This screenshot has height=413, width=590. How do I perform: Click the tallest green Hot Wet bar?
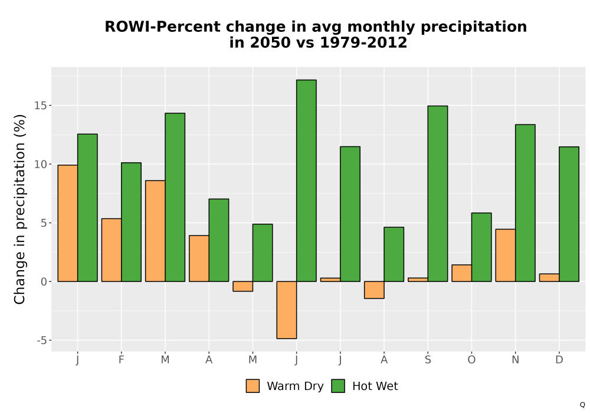[x=306, y=181]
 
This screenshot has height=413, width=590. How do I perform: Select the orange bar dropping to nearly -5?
[x=287, y=310]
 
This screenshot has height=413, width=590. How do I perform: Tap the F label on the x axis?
[x=121, y=360]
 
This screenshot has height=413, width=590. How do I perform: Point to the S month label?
[x=428, y=360]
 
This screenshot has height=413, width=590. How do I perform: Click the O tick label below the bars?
[x=471, y=360]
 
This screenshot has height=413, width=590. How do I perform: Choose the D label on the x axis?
[x=559, y=360]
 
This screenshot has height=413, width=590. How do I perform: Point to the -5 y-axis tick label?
[x=42, y=340]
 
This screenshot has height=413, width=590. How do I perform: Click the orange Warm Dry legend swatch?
[x=253, y=386]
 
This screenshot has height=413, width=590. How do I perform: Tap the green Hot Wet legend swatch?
[x=338, y=386]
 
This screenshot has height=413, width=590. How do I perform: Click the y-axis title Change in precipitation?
[x=19, y=209]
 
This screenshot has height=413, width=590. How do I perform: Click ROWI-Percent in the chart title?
[x=163, y=27]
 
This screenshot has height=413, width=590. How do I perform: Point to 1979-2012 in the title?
[x=363, y=42]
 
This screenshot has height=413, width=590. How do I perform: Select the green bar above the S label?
[x=438, y=194]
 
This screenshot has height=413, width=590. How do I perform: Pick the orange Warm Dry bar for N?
[x=506, y=255]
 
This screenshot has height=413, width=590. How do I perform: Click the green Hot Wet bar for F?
[x=131, y=222]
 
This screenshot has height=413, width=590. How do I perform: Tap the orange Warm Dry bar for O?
[x=462, y=273]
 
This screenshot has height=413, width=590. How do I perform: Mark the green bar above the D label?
[x=569, y=214]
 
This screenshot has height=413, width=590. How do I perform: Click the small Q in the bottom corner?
[x=582, y=405]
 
